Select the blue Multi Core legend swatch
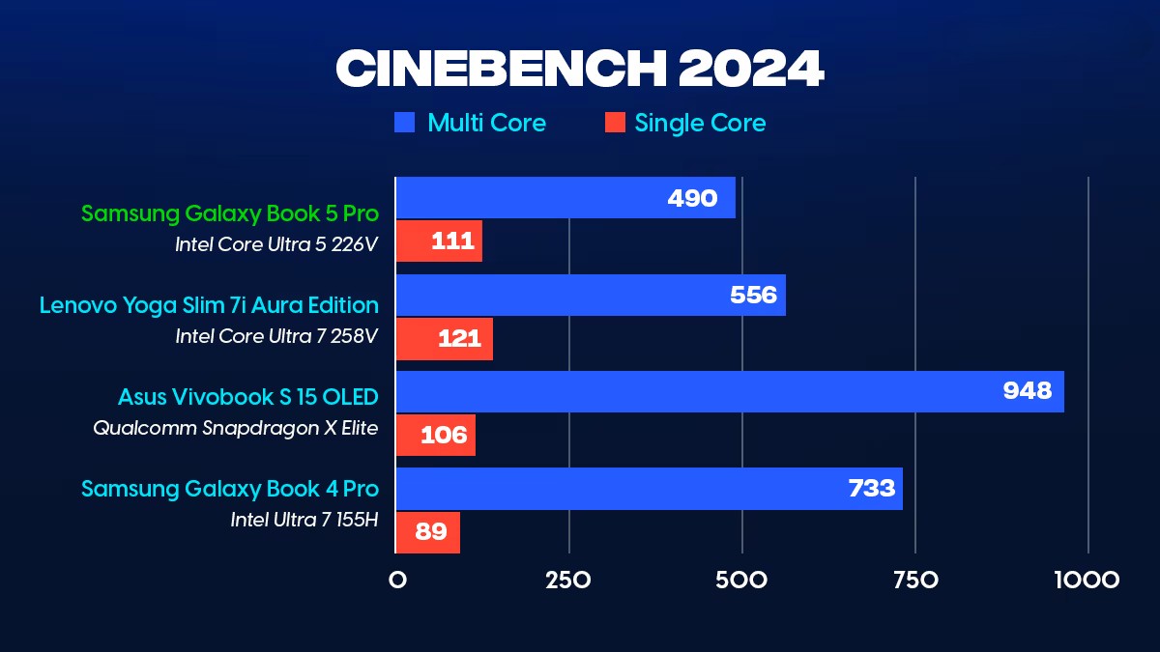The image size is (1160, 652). tap(405, 123)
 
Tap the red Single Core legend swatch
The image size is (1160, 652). tap(614, 123)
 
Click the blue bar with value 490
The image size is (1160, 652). tap(565, 198)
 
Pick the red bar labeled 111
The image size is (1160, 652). tap(439, 241)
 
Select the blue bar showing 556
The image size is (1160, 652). tap(591, 295)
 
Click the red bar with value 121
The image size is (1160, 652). tap(445, 339)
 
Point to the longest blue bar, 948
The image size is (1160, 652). tap(730, 392)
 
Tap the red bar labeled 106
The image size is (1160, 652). tap(436, 436)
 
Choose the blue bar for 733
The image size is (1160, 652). tap(649, 489)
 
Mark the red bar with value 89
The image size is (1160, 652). tap(428, 532)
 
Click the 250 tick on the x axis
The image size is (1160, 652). tap(568, 581)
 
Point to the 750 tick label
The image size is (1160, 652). tap(914, 581)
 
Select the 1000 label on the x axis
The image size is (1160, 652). tap(1087, 581)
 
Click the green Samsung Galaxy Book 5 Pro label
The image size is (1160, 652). tap(230, 213)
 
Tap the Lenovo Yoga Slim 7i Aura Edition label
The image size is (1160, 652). tap(209, 305)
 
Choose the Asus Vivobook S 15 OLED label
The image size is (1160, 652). tap(248, 397)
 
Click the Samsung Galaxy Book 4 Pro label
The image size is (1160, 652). tap(230, 489)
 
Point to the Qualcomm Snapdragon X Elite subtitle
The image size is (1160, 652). tap(236, 428)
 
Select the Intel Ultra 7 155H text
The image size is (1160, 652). tap(304, 520)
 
